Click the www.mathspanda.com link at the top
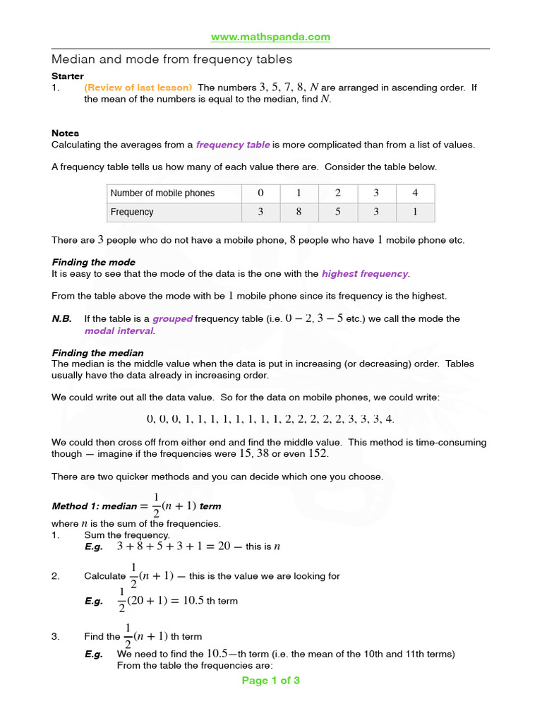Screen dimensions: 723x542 pos(271,37)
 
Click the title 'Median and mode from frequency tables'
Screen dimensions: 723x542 pos(171,59)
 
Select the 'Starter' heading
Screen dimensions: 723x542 pos(68,76)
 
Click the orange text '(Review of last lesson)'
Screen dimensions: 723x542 pos(138,88)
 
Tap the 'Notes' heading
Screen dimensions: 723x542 pos(65,133)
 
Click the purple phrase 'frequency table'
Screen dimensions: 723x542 pos(232,145)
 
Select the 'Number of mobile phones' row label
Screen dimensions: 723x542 pos(163,193)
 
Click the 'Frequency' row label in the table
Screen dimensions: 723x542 pos(132,212)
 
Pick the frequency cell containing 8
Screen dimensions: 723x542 pos(299,212)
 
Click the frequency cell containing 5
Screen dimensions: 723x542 pos(338,212)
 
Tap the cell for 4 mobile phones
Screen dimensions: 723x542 pos(415,193)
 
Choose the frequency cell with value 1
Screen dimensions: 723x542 pos(415,212)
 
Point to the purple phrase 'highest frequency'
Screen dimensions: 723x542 pos(364,274)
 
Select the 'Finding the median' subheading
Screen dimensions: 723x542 pos(97,353)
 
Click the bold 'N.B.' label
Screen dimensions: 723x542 pos(61,319)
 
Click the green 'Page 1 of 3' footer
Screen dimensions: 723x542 pos(271,681)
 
